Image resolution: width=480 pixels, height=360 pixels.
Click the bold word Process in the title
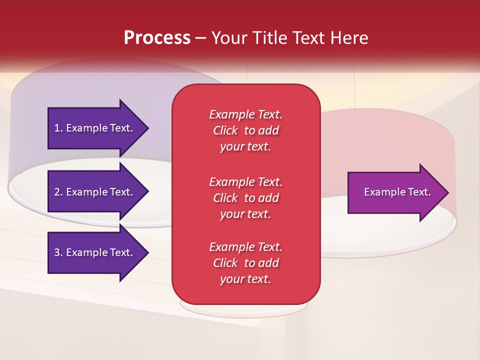[x=157, y=38]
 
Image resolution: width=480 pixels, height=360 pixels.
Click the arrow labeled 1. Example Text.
[x=95, y=128]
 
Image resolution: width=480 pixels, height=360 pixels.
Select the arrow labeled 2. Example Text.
[x=95, y=192]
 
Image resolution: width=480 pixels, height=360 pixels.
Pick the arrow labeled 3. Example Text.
[x=95, y=252]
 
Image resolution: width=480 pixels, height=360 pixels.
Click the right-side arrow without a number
[x=395, y=192]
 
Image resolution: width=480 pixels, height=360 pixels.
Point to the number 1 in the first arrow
[x=57, y=128]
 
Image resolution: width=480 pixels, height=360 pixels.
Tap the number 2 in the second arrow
[x=57, y=192]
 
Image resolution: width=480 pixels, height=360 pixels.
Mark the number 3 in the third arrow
[x=57, y=252]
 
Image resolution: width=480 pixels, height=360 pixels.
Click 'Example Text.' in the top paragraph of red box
[x=245, y=114]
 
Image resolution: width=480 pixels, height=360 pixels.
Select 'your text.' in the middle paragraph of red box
[x=245, y=214]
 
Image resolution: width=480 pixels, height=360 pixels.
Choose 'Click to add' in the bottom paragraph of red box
[x=245, y=263]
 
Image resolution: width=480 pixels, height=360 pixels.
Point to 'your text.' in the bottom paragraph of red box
[x=245, y=279]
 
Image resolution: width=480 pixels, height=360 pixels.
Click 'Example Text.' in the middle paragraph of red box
[x=245, y=181]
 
